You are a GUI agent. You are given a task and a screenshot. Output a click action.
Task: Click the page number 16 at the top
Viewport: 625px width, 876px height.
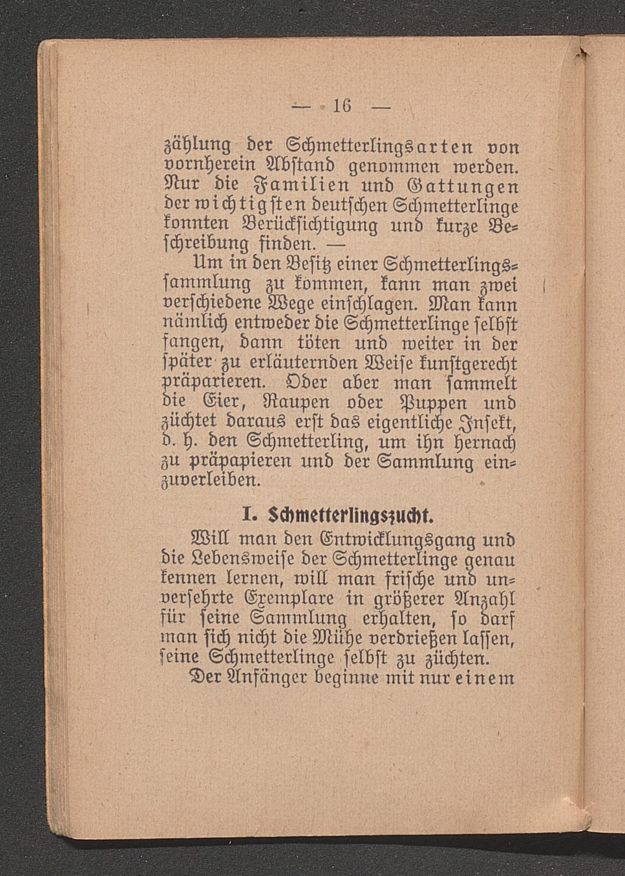pos(343,106)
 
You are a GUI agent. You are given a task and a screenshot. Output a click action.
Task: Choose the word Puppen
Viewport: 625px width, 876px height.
pos(426,402)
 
